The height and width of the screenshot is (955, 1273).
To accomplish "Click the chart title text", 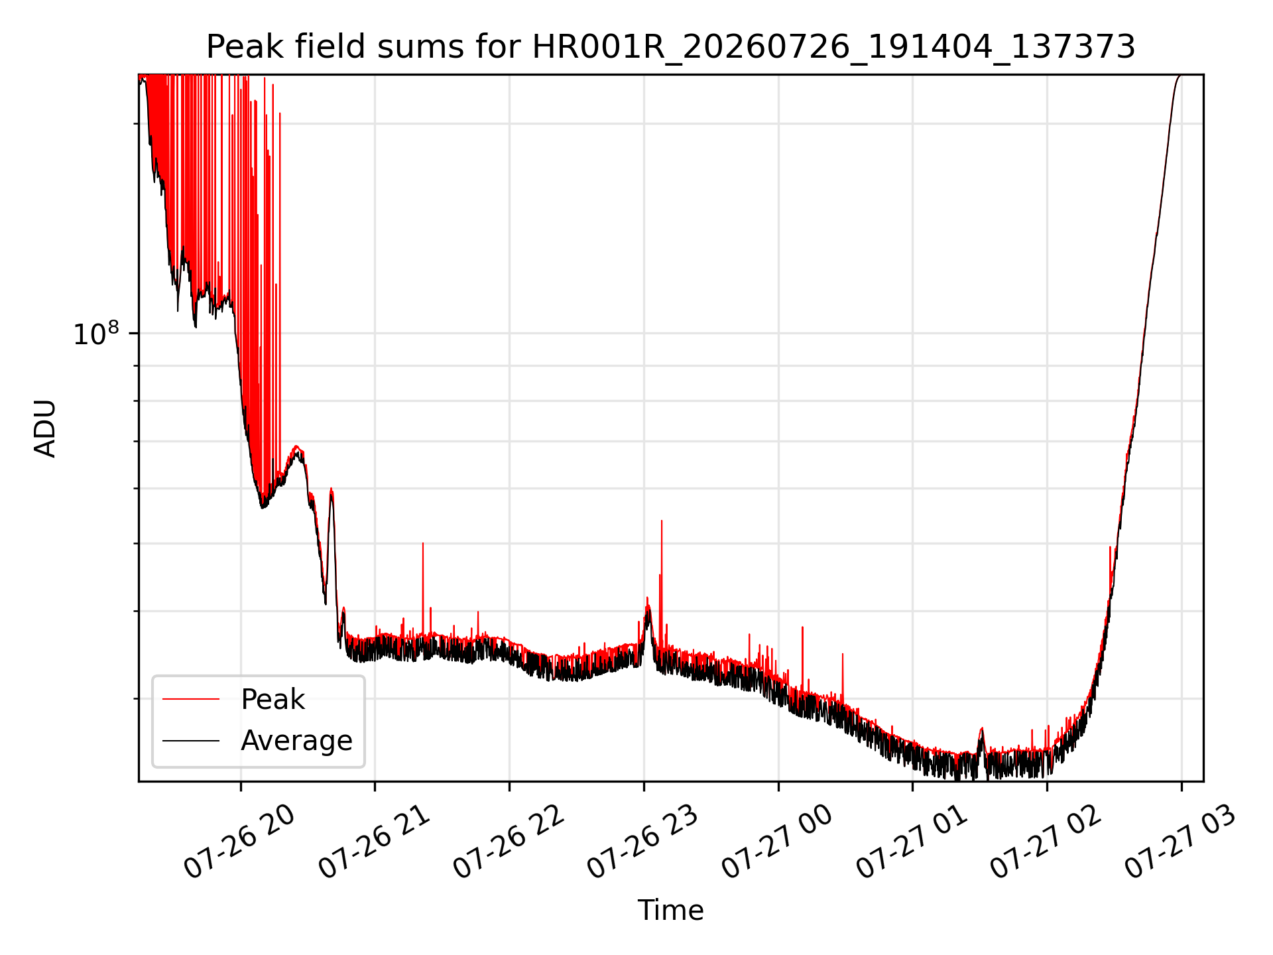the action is [x=670, y=47].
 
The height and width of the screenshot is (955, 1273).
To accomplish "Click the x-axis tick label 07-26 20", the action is [x=239, y=842].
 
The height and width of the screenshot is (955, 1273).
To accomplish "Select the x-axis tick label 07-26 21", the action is [x=375, y=842].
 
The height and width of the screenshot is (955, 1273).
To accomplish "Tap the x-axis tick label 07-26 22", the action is [x=509, y=842].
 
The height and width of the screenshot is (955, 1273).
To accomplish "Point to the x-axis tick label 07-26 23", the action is [x=643, y=842].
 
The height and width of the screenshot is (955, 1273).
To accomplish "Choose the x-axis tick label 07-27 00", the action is [x=778, y=842].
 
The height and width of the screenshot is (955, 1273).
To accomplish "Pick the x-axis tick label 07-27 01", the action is [x=912, y=842].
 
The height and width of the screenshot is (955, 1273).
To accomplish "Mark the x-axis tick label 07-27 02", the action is [x=1046, y=842].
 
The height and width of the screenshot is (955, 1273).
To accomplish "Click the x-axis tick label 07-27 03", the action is [x=1181, y=842].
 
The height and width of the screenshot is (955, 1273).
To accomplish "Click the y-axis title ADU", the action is [x=45, y=428].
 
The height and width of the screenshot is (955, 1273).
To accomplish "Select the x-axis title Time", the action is [x=670, y=911].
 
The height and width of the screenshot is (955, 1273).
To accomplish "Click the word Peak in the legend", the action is [x=273, y=700].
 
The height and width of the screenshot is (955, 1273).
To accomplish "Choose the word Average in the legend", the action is [x=296, y=741].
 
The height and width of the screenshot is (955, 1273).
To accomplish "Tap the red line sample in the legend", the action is [x=191, y=699].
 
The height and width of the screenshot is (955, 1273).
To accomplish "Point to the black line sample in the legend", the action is [x=191, y=740].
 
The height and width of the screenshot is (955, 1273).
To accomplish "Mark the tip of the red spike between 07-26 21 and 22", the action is [x=423, y=543].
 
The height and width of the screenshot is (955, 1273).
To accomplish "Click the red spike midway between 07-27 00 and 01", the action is [x=843, y=676].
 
